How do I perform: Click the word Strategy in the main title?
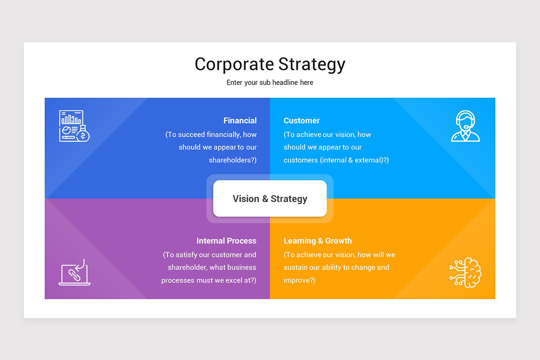coord(311,64)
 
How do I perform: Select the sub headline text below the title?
coord(270,83)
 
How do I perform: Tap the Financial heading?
coord(240,121)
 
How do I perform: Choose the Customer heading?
coord(301,121)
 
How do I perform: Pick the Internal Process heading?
coord(226,241)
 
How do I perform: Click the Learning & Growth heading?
coord(318,241)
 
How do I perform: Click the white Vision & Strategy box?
coord(270,198)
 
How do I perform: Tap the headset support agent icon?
coord(466,126)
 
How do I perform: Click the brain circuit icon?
coord(466,273)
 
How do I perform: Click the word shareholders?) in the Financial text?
coord(233,160)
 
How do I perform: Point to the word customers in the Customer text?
coord(301,160)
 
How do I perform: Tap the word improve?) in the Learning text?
coord(299,280)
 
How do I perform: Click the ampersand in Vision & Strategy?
coord(265,199)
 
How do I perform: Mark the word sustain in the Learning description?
coord(295,267)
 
